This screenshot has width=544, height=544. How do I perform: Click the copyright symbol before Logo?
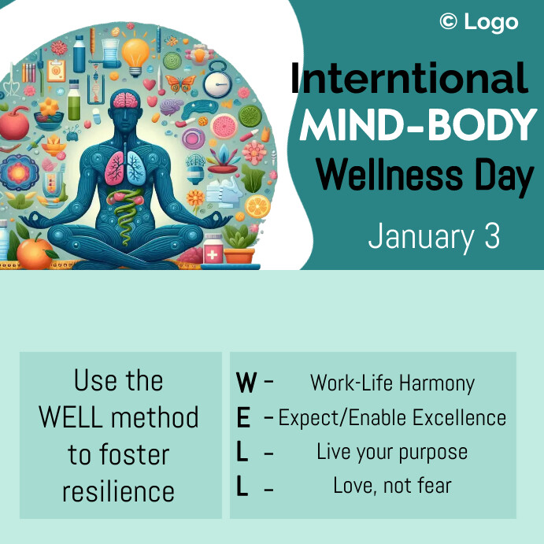pos(448,22)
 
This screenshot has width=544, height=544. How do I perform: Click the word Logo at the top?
pos(491,22)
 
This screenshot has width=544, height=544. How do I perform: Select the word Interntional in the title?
pos(409,80)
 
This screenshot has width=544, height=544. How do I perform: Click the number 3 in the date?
pos(492,237)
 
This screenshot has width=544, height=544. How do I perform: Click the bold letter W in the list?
pos(246,383)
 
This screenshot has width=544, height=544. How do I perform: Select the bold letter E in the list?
pos(243,417)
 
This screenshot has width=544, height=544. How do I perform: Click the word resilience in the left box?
pos(118,491)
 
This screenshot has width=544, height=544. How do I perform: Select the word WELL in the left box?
pos(73,417)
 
